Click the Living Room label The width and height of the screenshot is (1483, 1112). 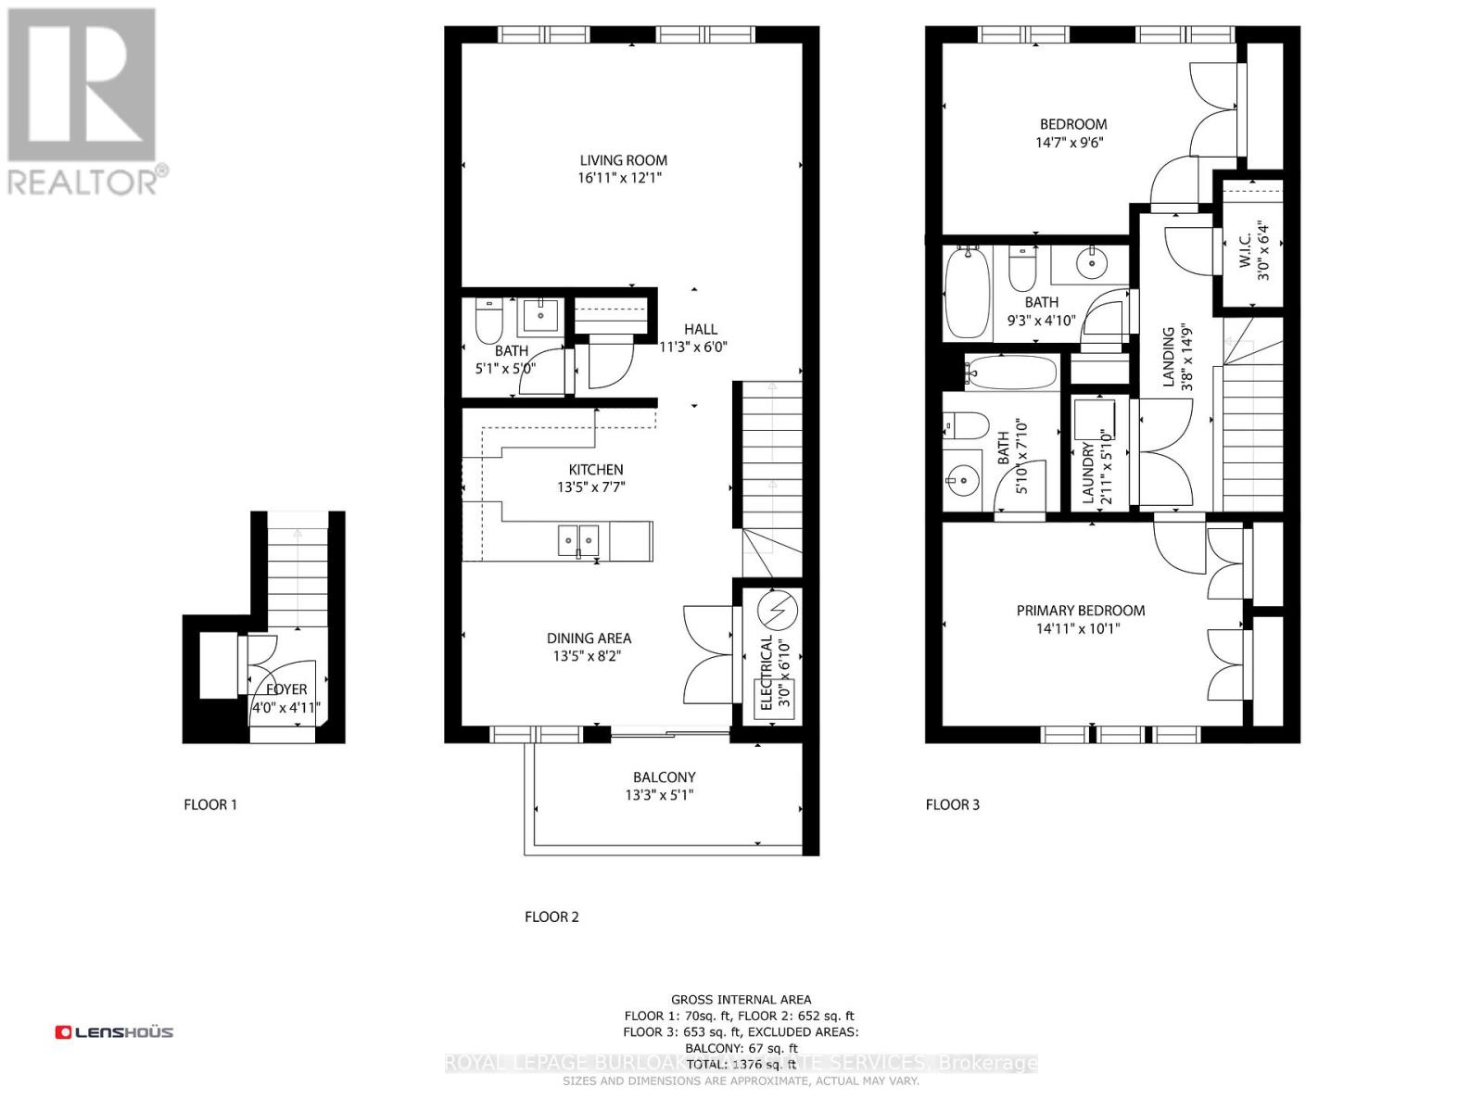coord(623,160)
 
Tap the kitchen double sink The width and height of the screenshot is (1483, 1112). coord(578,539)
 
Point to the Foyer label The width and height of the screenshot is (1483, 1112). coord(286,689)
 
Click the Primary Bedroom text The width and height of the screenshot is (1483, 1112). coord(1080,611)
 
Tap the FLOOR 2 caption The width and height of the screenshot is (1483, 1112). coord(551,916)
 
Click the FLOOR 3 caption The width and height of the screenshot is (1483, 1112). coord(952,804)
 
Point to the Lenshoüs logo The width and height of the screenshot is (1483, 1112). coord(114,1031)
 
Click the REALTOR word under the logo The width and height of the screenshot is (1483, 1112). coord(83,181)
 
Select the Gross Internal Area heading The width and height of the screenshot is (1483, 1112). coord(741,999)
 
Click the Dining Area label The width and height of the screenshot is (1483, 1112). coord(589,638)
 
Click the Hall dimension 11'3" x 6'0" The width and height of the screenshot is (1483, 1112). coord(693,347)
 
